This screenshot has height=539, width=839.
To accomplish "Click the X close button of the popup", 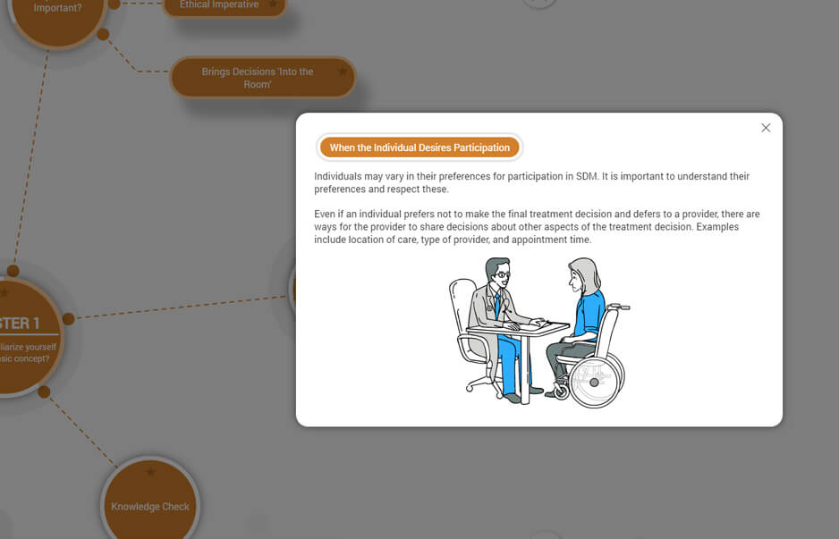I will point(766,128).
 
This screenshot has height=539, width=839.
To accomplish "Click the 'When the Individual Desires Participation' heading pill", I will point(419,147).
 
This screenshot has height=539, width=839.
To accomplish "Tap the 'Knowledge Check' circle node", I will point(149,506).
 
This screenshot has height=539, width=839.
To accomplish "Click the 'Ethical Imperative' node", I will point(219,5).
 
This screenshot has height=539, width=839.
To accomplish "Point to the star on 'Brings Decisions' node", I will point(343,72).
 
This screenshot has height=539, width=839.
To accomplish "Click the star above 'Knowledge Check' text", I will point(150,472).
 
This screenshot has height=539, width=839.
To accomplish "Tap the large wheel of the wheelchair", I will point(594,383).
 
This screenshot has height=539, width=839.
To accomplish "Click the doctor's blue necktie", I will point(497,304).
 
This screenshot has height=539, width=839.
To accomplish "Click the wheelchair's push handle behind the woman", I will point(619,307).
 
